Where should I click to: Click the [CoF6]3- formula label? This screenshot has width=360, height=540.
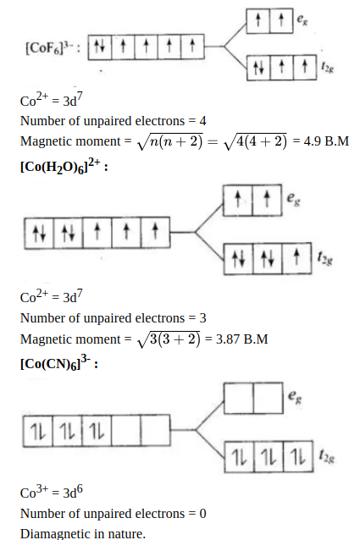[x=51, y=47]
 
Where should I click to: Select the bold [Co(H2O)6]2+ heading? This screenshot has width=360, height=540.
[x=61, y=167]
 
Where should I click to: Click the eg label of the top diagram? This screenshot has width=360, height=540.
[x=302, y=20]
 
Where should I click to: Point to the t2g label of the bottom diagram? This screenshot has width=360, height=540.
[x=326, y=456]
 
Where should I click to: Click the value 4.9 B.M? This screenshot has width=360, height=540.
[x=326, y=141]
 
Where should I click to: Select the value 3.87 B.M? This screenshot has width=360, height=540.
[x=241, y=339]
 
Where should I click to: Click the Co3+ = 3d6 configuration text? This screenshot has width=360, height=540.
[x=52, y=492]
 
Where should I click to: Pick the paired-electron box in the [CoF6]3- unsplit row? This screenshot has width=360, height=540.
[x=100, y=47]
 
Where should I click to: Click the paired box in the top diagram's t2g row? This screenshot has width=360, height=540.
[x=258, y=68]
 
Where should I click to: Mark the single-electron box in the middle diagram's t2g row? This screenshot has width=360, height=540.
[x=296, y=258]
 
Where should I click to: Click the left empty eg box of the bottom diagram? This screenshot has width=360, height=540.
[x=238, y=398]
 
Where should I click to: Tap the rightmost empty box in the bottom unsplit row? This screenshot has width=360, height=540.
[x=155, y=431]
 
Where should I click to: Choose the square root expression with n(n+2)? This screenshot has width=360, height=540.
[x=170, y=141]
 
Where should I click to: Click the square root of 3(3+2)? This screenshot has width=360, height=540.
[x=169, y=339]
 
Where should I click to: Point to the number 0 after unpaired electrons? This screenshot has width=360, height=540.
[x=202, y=514]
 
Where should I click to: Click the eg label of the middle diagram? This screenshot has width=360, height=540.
[x=294, y=199]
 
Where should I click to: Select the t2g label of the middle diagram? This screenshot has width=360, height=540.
[x=325, y=258]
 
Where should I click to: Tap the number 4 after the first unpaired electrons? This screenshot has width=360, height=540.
[x=202, y=121]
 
